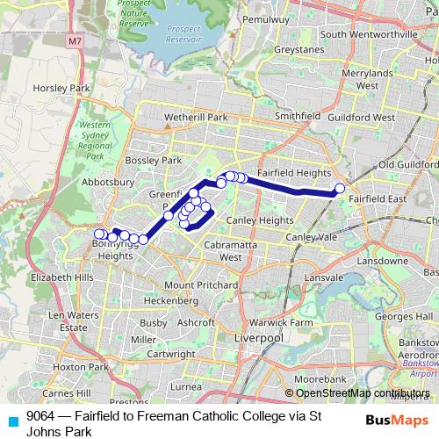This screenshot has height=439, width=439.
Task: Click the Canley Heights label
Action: click(x=259, y=219)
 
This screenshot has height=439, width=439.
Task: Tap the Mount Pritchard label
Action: click(x=201, y=285)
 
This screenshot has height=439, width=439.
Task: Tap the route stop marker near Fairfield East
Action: click(x=340, y=188)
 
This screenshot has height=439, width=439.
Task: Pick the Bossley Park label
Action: click(x=153, y=161)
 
